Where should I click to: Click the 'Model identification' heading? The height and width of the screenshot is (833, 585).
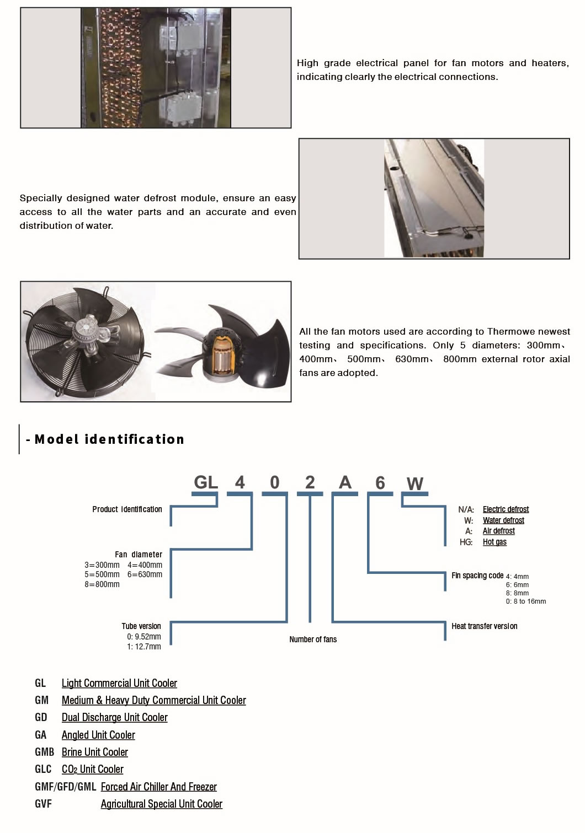click(x=109, y=439)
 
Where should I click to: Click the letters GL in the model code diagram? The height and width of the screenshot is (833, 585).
click(x=206, y=482)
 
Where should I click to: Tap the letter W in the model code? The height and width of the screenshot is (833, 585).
click(x=414, y=484)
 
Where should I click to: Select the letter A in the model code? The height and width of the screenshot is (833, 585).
click(x=345, y=482)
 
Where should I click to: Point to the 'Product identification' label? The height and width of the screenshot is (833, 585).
click(x=127, y=509)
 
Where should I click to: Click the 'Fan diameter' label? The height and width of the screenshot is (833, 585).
click(x=139, y=555)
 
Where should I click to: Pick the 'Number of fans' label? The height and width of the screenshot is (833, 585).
click(x=313, y=639)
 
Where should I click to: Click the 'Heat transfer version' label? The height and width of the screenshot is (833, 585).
click(x=484, y=626)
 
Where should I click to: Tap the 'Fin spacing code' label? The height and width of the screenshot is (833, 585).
click(x=477, y=576)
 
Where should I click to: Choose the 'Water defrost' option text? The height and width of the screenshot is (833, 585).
click(x=503, y=520)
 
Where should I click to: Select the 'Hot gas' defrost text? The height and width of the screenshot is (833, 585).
click(x=494, y=542)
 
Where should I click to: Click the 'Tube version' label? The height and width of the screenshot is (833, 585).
click(x=141, y=626)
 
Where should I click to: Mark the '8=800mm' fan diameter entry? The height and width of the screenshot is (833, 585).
click(x=102, y=584)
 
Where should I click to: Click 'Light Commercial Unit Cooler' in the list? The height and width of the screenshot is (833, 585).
click(x=119, y=684)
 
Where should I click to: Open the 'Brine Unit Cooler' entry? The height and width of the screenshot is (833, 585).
click(x=95, y=753)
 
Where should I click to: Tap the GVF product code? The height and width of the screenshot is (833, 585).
click(x=43, y=804)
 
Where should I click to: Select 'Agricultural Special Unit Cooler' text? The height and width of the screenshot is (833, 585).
click(x=161, y=804)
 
